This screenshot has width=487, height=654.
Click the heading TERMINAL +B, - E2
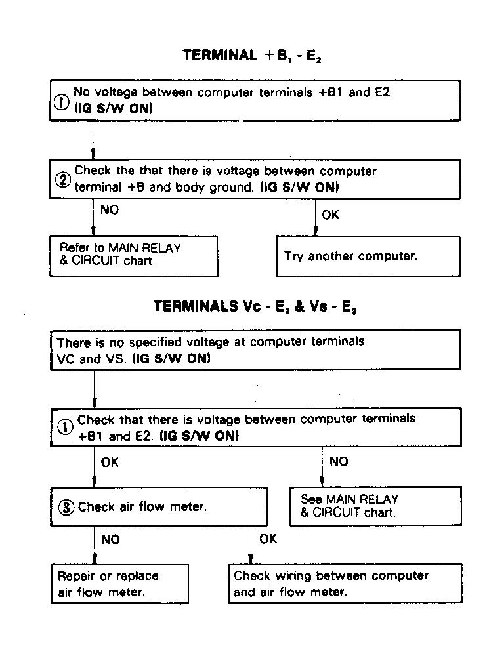pyautogui.click(x=252, y=56)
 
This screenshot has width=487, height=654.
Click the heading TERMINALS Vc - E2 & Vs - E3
pyautogui.click(x=255, y=307)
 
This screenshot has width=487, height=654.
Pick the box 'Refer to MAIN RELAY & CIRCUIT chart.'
pyautogui.click(x=134, y=256)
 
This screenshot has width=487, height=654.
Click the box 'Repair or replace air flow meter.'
pyautogui.click(x=119, y=583)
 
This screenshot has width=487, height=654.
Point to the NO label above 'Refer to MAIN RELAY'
pyautogui.click(x=110, y=211)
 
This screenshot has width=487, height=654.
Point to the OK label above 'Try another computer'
pyautogui.click(x=331, y=215)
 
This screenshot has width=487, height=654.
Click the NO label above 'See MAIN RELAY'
pyautogui.click(x=338, y=462)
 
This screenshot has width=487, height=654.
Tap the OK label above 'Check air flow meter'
pyautogui.click(x=110, y=462)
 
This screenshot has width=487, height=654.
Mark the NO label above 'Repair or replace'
pyautogui.click(x=110, y=540)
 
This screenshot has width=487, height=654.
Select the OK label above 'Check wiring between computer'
pyautogui.click(x=268, y=539)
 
